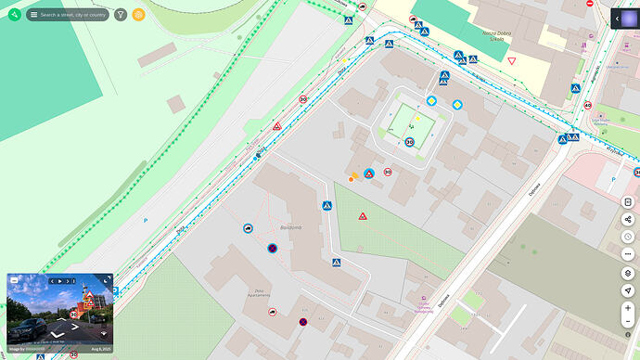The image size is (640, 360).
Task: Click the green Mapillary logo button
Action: (14, 14)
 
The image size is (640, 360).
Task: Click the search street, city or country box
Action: (69, 15)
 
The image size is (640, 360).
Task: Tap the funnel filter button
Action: (121, 14)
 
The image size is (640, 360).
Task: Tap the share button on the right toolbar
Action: (628, 220)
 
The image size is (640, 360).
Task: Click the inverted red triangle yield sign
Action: (511, 61)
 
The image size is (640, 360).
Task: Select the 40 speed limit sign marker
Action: (588, 105)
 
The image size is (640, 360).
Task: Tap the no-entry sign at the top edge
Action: (590, 4)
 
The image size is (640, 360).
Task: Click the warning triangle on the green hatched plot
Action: (363, 216)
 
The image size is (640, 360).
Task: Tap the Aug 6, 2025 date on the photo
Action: (102, 348)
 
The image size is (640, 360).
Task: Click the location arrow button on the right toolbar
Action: (628, 289)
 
